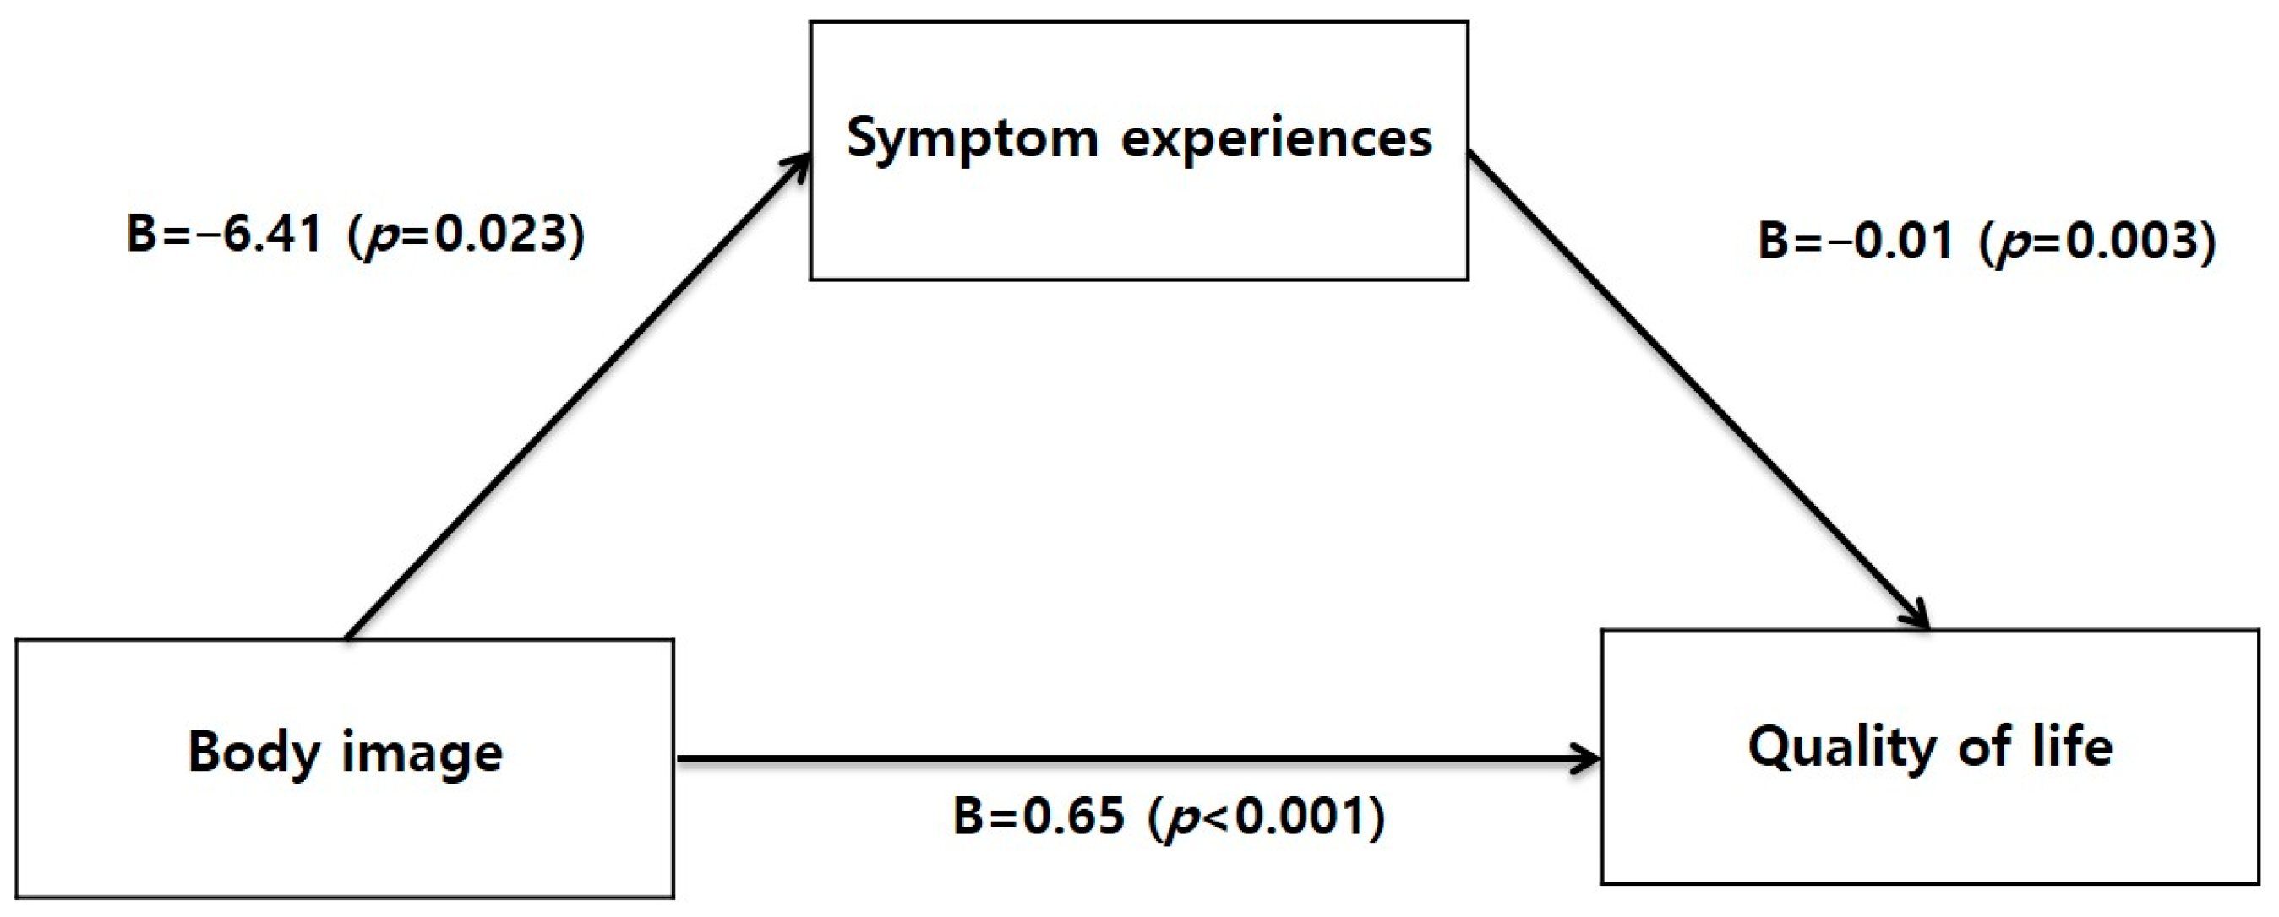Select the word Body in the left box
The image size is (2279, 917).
[253, 752]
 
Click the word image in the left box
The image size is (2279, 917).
[422, 752]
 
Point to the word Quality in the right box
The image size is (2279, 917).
[1840, 748]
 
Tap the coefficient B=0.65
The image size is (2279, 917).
[1039, 816]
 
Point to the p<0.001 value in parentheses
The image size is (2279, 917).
[1266, 816]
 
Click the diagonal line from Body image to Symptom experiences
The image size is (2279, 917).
[575, 398]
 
